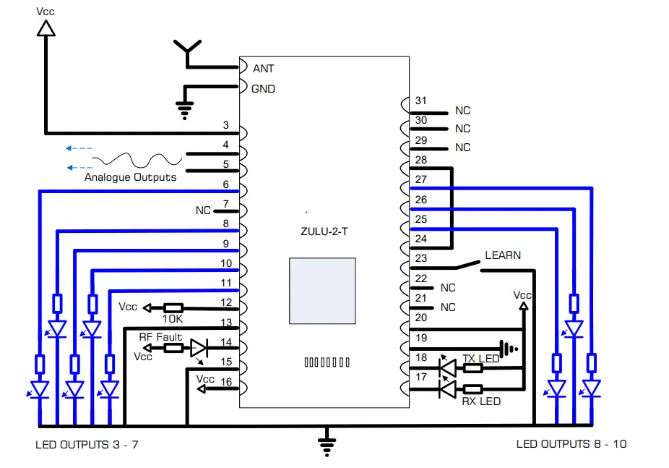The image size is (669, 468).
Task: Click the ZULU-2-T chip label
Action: coord(321,231)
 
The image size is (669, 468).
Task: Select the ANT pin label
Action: coord(263,69)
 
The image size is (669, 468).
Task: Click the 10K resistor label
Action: coord(173,319)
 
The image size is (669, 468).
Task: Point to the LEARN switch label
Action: coord(503,255)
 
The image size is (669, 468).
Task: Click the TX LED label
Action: coord(480,359)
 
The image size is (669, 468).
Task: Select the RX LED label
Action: coord(481,401)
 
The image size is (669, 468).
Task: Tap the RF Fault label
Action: coord(160,336)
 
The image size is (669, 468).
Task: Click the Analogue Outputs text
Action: coord(130,177)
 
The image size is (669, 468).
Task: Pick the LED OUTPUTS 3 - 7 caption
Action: coord(87,444)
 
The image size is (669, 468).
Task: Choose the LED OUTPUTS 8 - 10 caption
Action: coord(571,444)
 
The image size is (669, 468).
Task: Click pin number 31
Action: coord(421,101)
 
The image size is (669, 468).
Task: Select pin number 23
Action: coord(421,258)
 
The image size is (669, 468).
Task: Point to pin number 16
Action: coord(226,381)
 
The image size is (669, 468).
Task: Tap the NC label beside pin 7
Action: coord(203,210)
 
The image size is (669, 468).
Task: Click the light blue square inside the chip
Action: coord(322,291)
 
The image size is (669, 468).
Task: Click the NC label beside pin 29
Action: coord(462,148)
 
